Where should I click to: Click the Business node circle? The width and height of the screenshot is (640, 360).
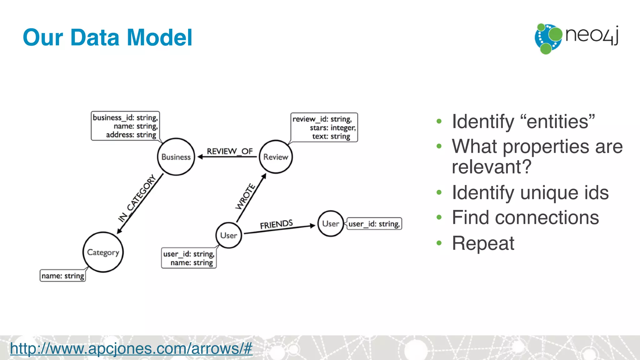(x=176, y=157)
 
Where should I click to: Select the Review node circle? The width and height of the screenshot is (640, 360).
(x=276, y=157)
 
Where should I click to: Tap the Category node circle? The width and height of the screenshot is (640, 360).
(x=103, y=252)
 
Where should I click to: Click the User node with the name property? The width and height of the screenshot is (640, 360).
(x=229, y=235)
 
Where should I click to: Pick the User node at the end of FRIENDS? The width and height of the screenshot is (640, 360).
(x=331, y=224)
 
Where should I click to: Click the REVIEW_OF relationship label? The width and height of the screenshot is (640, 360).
(x=230, y=151)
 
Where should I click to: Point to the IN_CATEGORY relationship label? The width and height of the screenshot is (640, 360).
(x=137, y=198)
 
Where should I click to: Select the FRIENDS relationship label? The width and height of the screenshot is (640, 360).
(x=276, y=224)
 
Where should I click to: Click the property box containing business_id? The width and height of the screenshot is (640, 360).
(x=125, y=126)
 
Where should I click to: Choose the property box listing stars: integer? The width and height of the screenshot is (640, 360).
(x=324, y=127)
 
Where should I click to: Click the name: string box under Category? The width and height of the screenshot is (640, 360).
(x=63, y=276)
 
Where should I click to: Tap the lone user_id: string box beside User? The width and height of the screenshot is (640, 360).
(x=374, y=224)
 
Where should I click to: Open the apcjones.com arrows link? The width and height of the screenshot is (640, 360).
(x=131, y=348)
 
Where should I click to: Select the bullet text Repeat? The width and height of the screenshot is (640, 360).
(x=483, y=243)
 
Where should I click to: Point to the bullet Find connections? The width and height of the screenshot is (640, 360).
(x=525, y=217)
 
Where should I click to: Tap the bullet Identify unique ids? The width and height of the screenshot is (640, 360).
(x=530, y=192)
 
